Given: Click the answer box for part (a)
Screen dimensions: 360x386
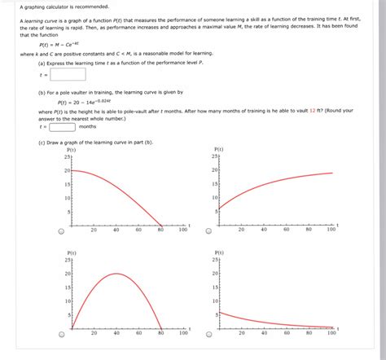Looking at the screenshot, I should click(x=68, y=75).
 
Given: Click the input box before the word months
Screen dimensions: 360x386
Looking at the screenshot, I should click(x=63, y=126).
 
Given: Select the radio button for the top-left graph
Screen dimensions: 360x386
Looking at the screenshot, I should click(x=62, y=230).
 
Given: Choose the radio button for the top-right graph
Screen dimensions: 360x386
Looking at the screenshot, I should click(x=209, y=230).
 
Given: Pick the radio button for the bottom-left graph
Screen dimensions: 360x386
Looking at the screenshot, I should click(x=62, y=333).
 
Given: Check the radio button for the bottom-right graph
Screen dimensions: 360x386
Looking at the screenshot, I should click(x=209, y=333).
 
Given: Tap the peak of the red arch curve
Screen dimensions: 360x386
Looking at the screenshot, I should click(x=116, y=274).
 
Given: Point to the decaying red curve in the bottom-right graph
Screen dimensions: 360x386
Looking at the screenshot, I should click(x=269, y=323).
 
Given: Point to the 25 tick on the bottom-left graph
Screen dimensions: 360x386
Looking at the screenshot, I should click(x=68, y=259).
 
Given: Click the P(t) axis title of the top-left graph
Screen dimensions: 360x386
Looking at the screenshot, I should click(x=72, y=149).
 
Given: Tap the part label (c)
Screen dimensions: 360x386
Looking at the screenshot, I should click(x=42, y=142).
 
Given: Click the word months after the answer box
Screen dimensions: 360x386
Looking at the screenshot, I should click(x=88, y=126).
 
